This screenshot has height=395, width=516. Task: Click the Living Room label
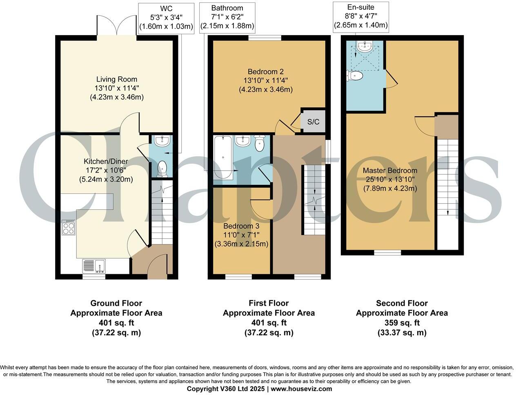pyautogui.click(x=116, y=79)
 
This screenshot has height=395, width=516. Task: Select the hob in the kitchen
pyautogui.click(x=68, y=228)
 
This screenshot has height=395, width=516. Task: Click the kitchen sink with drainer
pyautogui.click(x=94, y=266)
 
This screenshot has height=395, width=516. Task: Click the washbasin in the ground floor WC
pyautogui.click(x=162, y=142)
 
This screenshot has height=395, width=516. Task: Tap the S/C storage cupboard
pyautogui.click(x=313, y=121)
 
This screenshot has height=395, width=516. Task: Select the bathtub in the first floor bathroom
pyautogui.click(x=223, y=157)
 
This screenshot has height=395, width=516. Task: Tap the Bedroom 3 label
pyautogui.click(x=241, y=226)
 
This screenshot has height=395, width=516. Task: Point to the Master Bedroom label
pyautogui.click(x=390, y=171)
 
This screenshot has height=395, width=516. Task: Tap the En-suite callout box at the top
pyautogui.click(x=360, y=16)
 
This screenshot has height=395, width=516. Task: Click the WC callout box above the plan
pyautogui.click(x=166, y=17)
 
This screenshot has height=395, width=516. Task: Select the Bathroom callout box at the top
pyautogui.click(x=227, y=17)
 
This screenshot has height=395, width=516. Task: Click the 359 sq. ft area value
pyautogui.click(x=402, y=323)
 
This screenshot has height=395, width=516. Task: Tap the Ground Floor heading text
pyautogui.click(x=116, y=303)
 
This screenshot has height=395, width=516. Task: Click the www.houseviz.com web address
pyautogui.click(x=301, y=389)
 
